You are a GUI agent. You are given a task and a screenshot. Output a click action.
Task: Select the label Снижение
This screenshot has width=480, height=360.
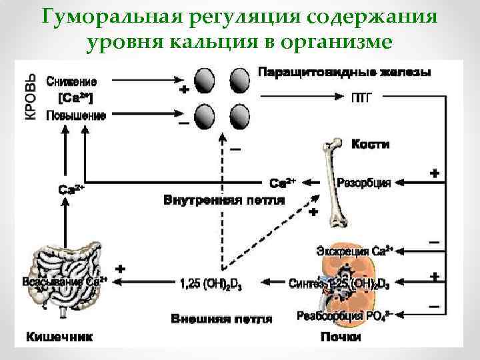click(x=71, y=82)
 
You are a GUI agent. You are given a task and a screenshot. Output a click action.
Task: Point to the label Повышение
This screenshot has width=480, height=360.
click(x=75, y=115)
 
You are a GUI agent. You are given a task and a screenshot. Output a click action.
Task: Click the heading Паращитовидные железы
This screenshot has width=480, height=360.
click(x=343, y=71)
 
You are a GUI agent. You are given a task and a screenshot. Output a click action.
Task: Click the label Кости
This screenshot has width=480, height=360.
click(x=370, y=144)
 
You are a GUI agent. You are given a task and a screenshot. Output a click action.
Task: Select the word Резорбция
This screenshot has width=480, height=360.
click(x=364, y=181)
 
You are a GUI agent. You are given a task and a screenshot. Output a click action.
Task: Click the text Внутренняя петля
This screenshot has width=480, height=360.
click(x=224, y=199)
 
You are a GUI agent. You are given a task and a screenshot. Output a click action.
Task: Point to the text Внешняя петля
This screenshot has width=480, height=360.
click(x=222, y=319)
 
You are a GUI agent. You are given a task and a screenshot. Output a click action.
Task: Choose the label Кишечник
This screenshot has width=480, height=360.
click(x=59, y=337)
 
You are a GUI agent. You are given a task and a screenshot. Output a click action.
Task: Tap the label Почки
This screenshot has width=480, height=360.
click(x=341, y=337)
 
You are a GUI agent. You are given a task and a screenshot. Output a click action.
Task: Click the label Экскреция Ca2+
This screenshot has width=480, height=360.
click(x=354, y=251)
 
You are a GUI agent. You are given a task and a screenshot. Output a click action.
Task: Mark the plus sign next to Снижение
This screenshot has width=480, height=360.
click(x=183, y=91)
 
